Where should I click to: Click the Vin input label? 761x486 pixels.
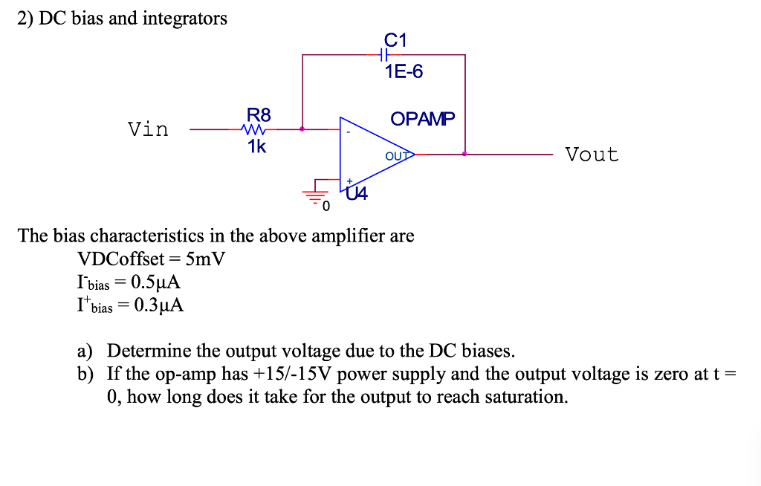148,129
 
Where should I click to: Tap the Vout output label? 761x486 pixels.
592,155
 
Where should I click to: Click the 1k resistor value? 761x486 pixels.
257,146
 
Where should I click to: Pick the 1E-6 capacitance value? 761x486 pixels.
404,72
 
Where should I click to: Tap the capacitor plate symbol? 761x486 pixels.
383,55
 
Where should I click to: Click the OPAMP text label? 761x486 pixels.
422,119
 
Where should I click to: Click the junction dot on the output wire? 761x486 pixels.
465,155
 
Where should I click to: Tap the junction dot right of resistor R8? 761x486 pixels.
302,129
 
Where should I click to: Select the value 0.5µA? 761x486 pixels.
155,282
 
